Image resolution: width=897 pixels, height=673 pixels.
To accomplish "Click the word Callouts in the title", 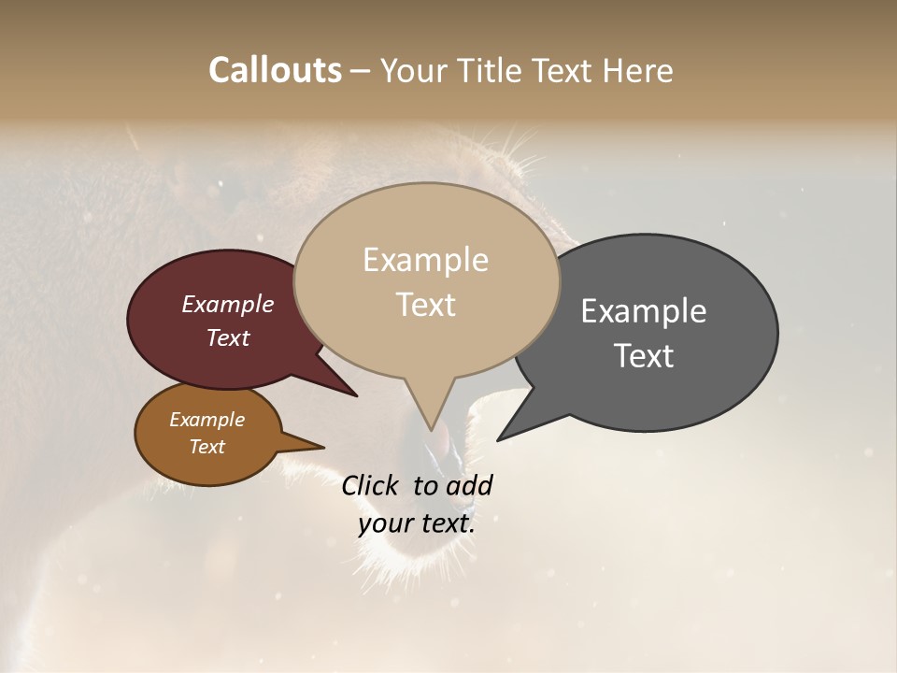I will point(275,70).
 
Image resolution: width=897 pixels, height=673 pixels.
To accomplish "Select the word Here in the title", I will point(637,70).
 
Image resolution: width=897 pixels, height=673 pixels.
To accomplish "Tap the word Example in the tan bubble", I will point(425,260).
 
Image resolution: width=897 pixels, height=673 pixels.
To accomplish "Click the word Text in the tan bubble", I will point(425,305).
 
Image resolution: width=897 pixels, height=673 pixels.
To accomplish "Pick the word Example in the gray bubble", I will point(643,311).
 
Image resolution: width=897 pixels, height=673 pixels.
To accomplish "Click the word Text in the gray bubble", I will point(643,356).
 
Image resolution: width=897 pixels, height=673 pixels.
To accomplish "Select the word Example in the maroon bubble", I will point(227,305).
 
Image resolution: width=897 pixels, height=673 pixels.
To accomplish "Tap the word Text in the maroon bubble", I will point(227,337).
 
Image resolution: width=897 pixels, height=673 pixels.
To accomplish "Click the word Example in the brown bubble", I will point(206,420).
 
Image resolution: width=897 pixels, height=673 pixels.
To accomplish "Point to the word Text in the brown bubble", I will point(206,447).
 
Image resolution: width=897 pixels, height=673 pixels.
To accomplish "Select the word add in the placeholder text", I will point(469,485).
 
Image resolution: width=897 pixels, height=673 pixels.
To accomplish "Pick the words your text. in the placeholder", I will point(417,523).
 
